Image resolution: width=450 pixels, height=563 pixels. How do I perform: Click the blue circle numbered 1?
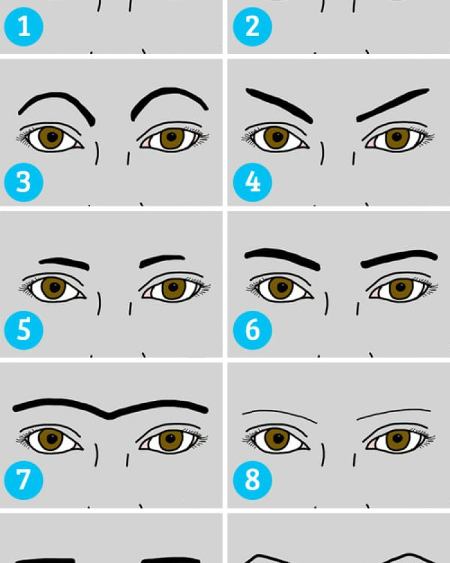tap(23, 27)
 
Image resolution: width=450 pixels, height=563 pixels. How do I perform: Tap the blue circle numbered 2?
tap(252, 27)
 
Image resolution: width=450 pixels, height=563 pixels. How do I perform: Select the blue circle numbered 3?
tap(23, 182)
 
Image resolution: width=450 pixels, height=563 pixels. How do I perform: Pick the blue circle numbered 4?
tap(252, 182)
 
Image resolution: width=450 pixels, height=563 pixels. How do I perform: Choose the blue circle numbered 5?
tap(23, 330)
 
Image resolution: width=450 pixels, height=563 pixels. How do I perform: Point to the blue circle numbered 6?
tap(252, 330)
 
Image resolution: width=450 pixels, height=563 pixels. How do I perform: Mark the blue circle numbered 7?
tap(23, 480)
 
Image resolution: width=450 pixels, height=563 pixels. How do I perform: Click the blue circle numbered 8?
tap(252, 480)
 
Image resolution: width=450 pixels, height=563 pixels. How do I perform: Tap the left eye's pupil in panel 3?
tap(52, 137)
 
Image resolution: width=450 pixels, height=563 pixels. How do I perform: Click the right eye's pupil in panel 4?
tap(397, 137)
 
